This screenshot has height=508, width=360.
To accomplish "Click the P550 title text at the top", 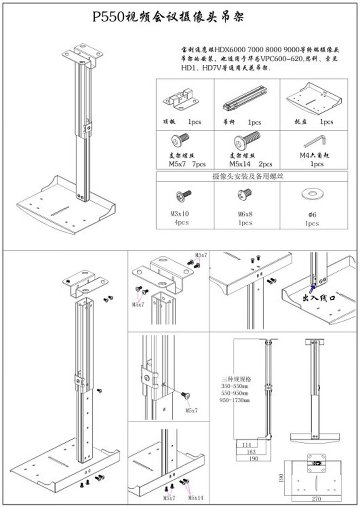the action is pyautogui.click(x=168, y=18).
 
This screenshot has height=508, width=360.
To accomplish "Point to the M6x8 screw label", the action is pyautogui.click(x=245, y=214).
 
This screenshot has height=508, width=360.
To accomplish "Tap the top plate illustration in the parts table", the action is pyautogui.click(x=181, y=98).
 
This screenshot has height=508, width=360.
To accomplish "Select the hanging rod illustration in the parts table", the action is pyautogui.click(x=245, y=98).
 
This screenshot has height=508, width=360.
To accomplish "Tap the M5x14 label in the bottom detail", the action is pyautogui.click(x=196, y=498).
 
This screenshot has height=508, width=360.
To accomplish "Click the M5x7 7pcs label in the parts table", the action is pyautogui.click(x=187, y=164).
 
